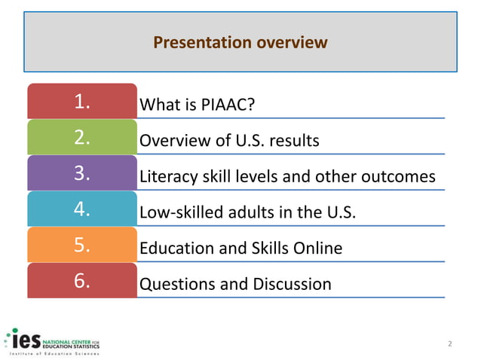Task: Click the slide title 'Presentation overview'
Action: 240,43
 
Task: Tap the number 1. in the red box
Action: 82,102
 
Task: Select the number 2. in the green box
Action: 82,138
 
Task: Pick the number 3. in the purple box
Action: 82,174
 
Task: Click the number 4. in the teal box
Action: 82,210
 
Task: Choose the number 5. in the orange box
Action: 82,246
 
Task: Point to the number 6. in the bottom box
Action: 82,282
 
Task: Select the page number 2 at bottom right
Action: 450,344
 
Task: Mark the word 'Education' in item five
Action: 175,249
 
